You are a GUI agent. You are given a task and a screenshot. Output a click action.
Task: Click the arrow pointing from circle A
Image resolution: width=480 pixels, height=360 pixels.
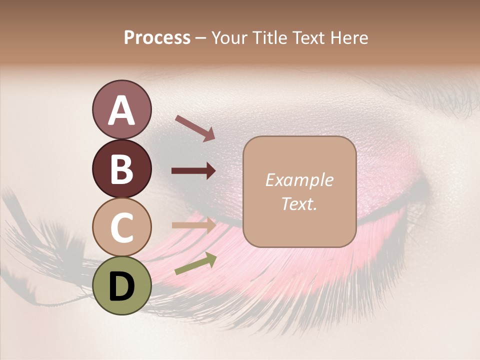point(194,127)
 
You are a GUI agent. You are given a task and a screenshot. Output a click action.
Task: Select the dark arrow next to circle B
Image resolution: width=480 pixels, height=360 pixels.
point(193,171)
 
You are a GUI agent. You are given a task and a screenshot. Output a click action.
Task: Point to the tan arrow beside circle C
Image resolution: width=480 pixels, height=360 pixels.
point(193,225)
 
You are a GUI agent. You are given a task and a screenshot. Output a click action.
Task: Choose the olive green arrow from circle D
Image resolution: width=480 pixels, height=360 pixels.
point(195,263)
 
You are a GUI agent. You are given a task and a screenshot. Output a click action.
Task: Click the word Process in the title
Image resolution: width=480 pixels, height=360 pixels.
point(157,38)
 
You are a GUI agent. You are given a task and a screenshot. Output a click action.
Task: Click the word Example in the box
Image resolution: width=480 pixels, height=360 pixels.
point(299,180)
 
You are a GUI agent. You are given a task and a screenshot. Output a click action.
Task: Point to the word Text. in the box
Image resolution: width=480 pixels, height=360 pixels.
point(299,204)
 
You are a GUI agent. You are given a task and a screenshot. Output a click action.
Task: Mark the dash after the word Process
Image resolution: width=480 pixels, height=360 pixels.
point(200,38)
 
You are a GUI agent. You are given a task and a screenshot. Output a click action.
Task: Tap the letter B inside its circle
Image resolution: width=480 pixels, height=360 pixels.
point(121,169)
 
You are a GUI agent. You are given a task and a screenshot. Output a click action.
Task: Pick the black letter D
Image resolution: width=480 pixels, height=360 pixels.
point(121,286)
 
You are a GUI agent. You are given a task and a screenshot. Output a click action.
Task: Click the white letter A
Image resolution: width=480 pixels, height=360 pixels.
point(121,110)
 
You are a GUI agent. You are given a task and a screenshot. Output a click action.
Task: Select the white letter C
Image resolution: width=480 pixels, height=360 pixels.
point(121,227)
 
